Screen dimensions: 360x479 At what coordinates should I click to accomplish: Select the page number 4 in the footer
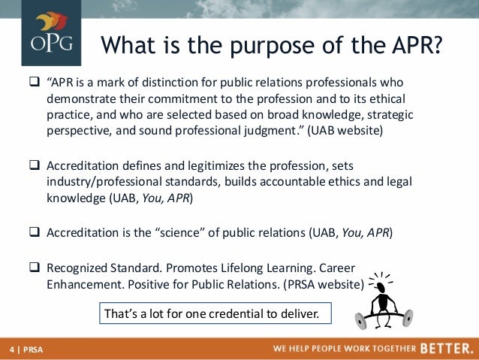[x=11, y=350]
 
